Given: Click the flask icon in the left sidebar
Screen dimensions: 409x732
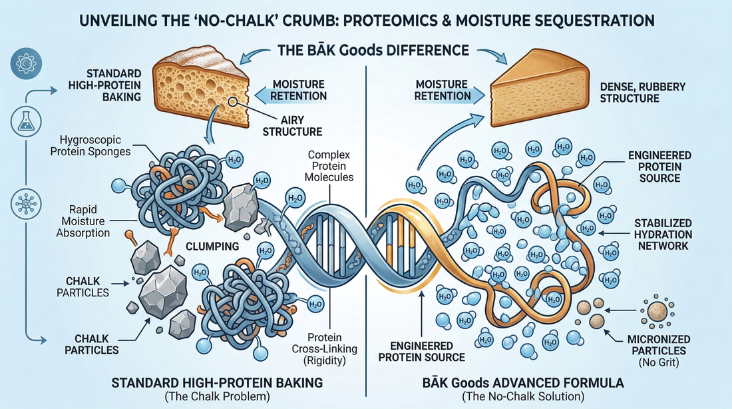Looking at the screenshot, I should coord(23,122).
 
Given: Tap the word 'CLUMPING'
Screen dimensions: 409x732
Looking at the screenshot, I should coord(212,246).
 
